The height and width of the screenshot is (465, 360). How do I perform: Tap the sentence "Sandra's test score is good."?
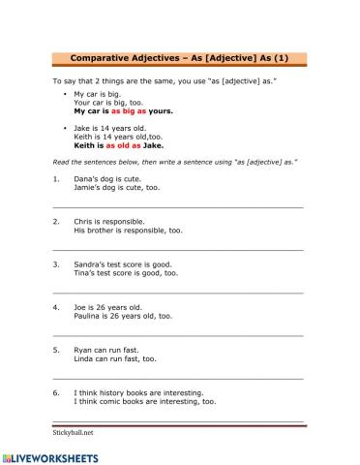[122, 263]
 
